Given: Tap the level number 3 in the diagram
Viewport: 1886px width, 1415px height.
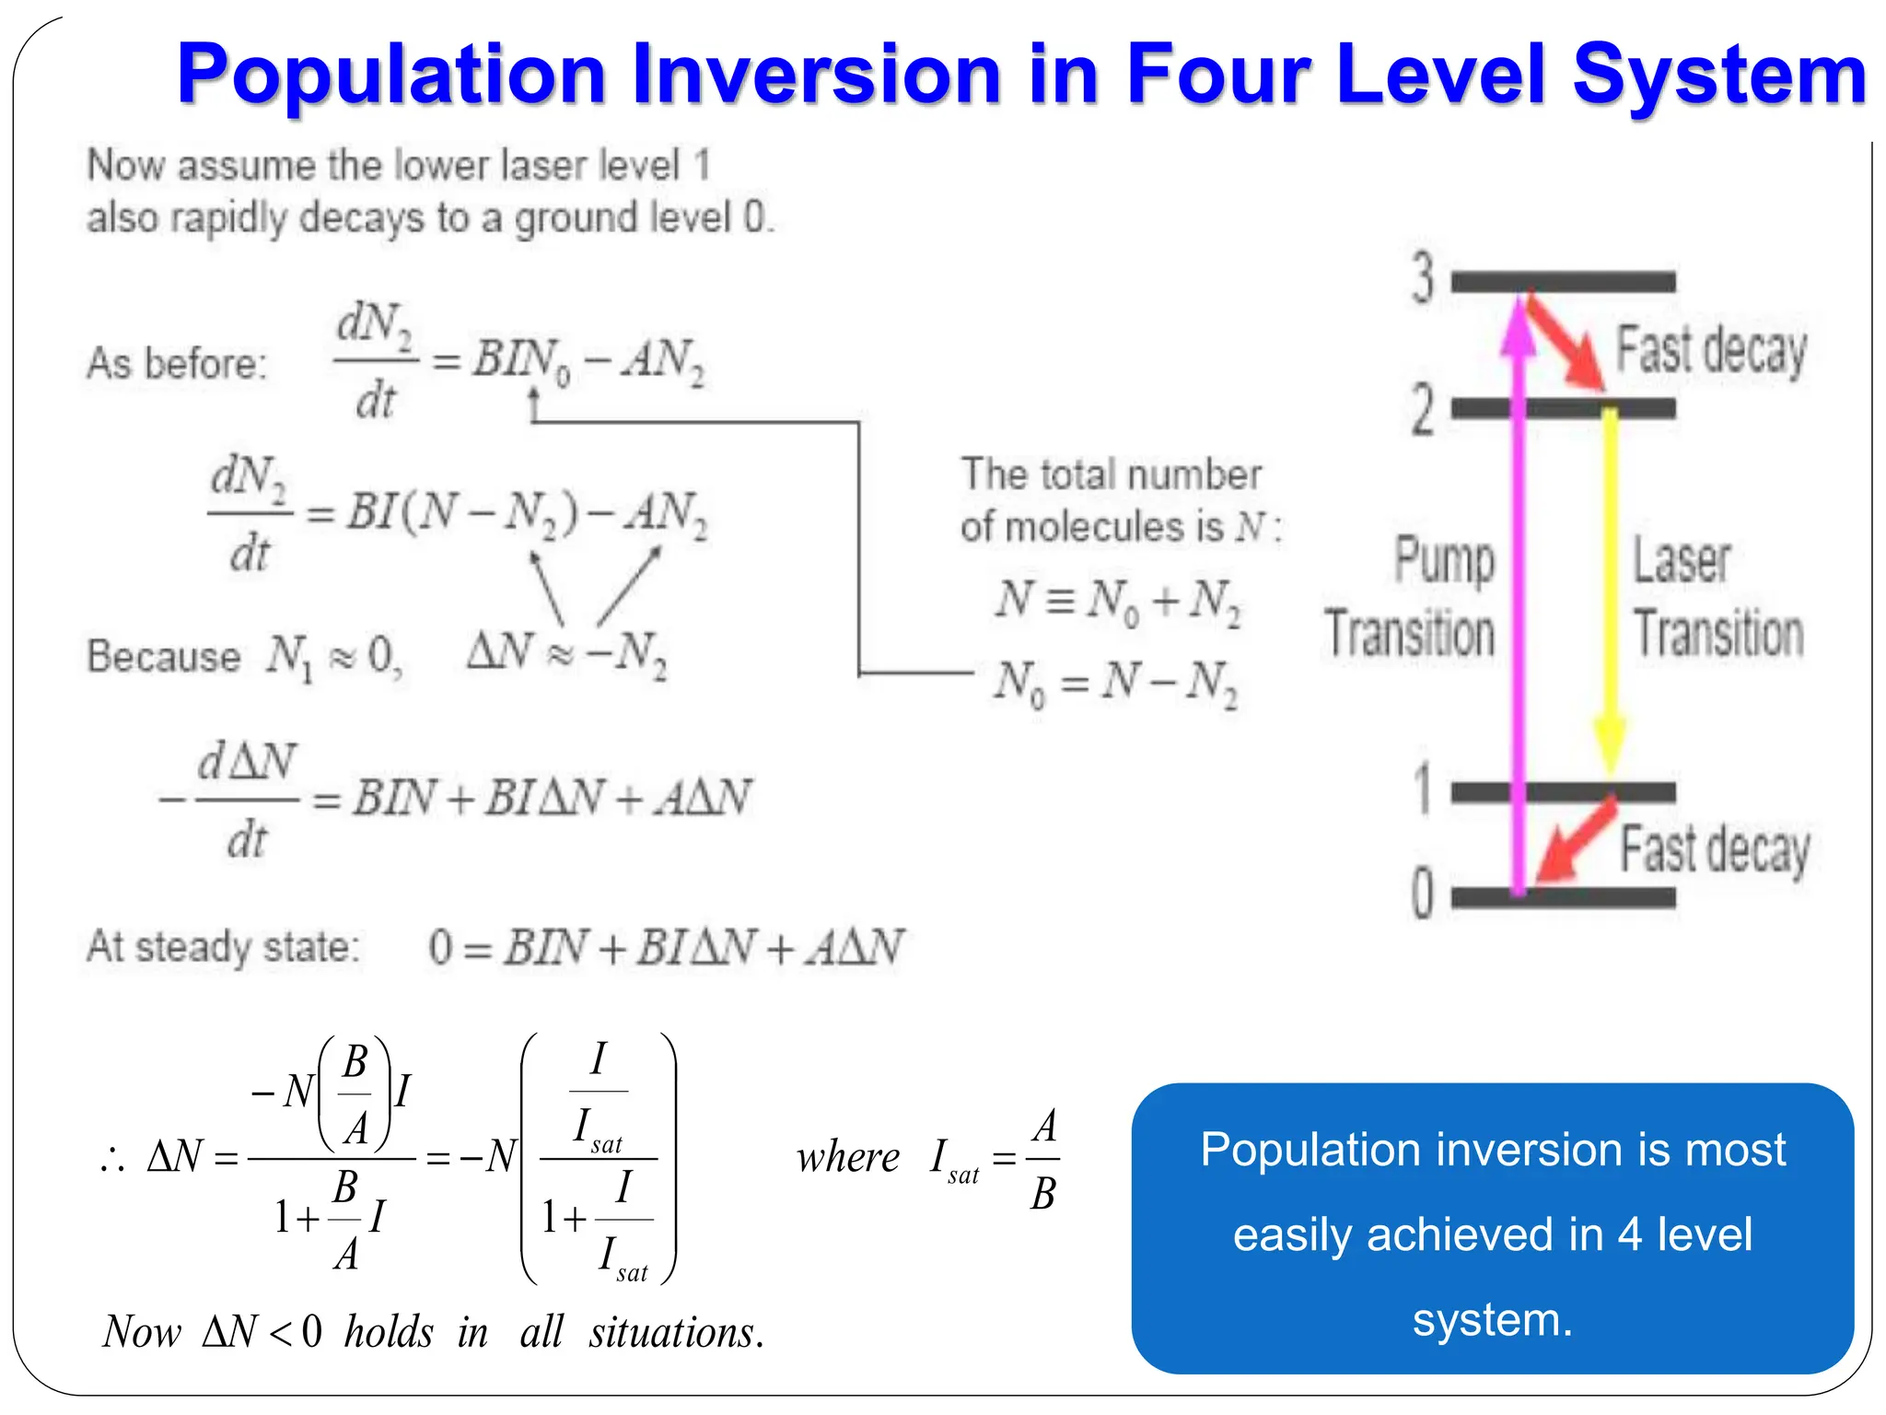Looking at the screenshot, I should coord(1424,277).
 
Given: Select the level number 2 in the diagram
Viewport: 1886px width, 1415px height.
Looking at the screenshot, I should coord(1423,409).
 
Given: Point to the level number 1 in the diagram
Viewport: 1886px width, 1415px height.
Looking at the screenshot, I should coord(1424,789).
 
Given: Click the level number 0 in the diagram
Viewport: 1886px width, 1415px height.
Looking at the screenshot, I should coord(1423,893).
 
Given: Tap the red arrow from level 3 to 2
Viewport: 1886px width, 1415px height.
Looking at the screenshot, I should coord(1565,342).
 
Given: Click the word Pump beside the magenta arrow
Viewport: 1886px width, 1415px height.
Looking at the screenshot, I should coord(1444,560).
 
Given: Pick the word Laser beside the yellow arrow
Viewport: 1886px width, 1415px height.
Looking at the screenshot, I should coord(1682,560).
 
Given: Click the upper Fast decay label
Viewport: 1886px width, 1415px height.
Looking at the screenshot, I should coord(1711,351).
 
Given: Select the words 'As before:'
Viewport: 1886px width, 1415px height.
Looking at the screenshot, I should coord(176,363).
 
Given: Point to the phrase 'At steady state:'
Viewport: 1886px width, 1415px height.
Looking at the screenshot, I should coord(222,947).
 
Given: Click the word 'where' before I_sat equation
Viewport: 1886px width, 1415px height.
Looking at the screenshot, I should coord(847,1157).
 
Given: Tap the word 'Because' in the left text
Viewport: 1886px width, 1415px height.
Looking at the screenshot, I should coord(163,657).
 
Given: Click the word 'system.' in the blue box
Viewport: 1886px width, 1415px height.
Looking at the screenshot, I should coord(1492,1319).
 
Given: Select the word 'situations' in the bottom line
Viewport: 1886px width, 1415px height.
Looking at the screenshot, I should coord(674,1332).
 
